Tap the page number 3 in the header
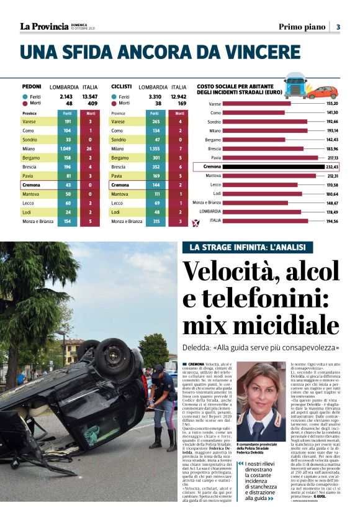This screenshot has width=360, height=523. pyautogui.click(x=338, y=27)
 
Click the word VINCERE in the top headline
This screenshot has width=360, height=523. pyautogui.click(x=259, y=52)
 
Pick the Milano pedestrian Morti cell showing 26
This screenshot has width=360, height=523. pyautogui.click(x=90, y=149)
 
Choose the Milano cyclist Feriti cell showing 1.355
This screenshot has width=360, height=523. pyautogui.click(x=155, y=149)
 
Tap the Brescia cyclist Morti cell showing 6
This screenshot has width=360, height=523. pyautogui.click(x=180, y=167)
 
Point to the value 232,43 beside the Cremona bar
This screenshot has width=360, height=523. pyautogui.click(x=331, y=167)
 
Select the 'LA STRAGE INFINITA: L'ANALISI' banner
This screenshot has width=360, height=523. pyautogui.click(x=247, y=248)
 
